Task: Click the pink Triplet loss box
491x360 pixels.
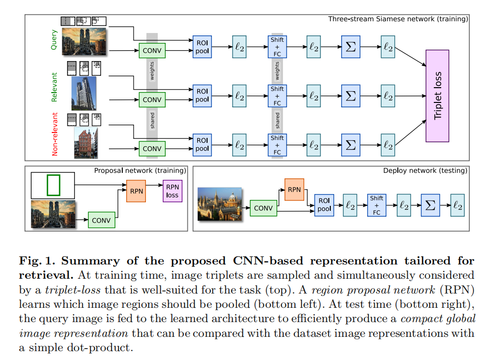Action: (437, 96)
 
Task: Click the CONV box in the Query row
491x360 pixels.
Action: (152, 50)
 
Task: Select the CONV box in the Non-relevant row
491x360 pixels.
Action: (152, 148)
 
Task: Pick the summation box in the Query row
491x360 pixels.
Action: (351, 46)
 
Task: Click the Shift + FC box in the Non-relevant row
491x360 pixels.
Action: (277, 145)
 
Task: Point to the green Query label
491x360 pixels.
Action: (54, 40)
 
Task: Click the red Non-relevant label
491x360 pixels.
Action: (55, 134)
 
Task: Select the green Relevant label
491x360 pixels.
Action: (54, 87)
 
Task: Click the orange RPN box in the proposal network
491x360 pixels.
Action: (137, 191)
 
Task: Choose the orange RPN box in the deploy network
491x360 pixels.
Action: (294, 190)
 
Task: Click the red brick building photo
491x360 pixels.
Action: (86, 143)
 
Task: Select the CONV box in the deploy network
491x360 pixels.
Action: (263, 208)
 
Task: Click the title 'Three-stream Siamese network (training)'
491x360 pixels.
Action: (398, 19)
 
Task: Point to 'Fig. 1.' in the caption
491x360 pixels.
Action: (35, 261)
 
